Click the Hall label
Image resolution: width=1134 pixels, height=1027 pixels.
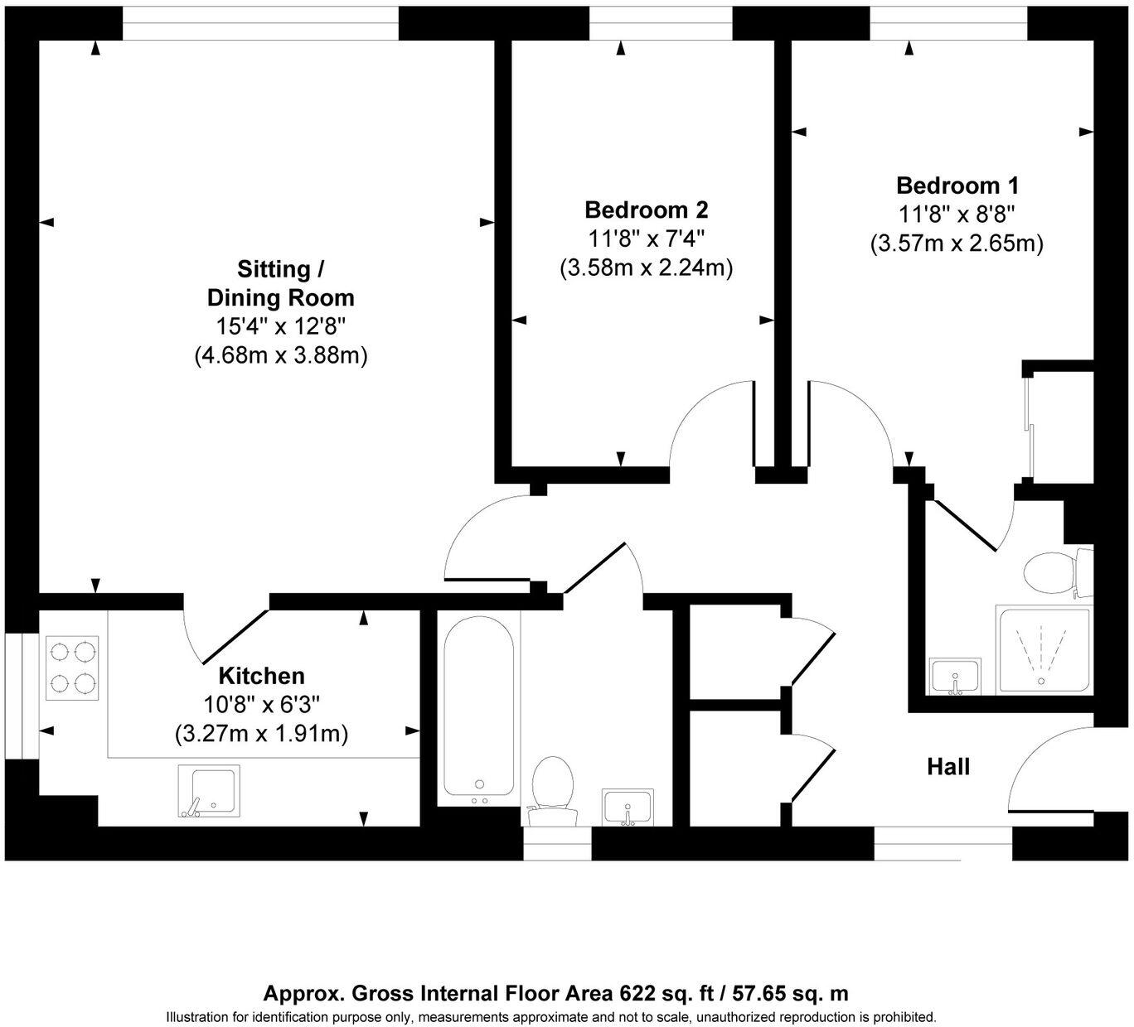[x=947, y=766]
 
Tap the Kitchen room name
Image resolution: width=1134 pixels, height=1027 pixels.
[x=261, y=676]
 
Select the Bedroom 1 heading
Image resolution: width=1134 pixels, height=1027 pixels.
[x=957, y=185]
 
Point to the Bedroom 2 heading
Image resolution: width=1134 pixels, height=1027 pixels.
[x=646, y=210]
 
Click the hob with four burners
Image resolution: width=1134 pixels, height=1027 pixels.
[x=73, y=668]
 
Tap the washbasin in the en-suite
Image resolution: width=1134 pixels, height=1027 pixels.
[x=955, y=676]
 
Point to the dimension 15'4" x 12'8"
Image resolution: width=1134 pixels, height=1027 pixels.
[x=280, y=326]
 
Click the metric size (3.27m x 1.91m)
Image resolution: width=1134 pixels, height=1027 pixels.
[x=261, y=734]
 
